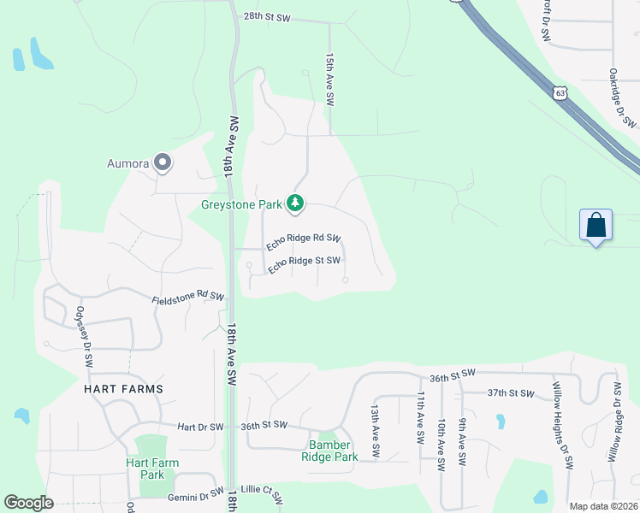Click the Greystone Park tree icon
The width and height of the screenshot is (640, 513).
(x=295, y=203)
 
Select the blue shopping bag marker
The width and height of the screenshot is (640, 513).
(x=596, y=227)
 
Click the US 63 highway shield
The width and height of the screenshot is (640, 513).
(x=560, y=92)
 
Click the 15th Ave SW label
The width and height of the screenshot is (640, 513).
(x=329, y=79)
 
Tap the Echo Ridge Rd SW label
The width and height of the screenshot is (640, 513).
(x=304, y=242)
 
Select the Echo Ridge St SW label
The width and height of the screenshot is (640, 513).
(x=305, y=264)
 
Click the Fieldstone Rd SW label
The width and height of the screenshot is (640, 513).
(x=188, y=298)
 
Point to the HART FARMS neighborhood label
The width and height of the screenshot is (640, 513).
(x=123, y=388)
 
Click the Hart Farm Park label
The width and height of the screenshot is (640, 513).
(x=152, y=469)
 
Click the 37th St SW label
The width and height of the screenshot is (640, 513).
(x=510, y=393)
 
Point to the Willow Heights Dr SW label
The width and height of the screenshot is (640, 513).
(x=561, y=424)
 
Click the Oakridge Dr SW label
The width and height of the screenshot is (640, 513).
(x=622, y=98)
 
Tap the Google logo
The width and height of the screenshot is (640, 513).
(x=28, y=503)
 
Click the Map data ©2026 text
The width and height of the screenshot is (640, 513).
(x=602, y=506)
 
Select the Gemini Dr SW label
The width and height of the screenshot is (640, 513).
(x=195, y=495)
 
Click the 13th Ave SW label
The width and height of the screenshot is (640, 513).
(x=375, y=423)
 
